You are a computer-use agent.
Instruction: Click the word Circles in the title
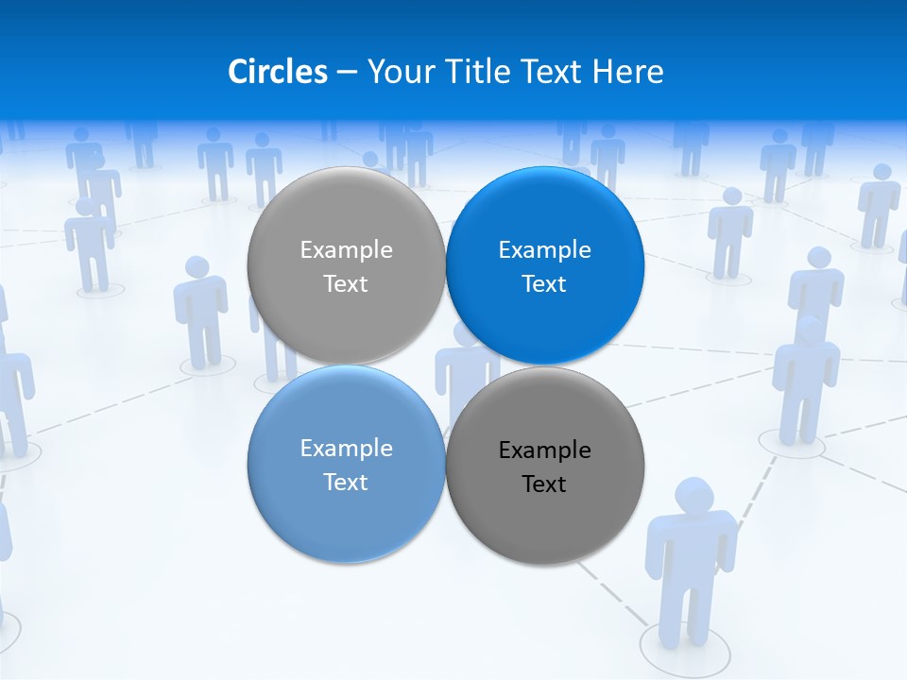(277, 72)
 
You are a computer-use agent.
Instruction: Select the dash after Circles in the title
(347, 73)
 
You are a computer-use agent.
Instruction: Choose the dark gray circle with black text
(545, 515)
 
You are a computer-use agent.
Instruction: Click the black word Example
(545, 450)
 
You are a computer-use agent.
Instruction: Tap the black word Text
(544, 484)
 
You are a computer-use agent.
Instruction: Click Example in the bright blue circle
(545, 250)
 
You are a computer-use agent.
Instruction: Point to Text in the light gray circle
(346, 284)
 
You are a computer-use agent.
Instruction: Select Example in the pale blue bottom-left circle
(346, 449)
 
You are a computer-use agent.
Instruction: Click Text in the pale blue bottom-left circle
(346, 483)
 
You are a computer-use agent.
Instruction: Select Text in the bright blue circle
(544, 284)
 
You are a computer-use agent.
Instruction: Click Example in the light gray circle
(346, 250)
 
